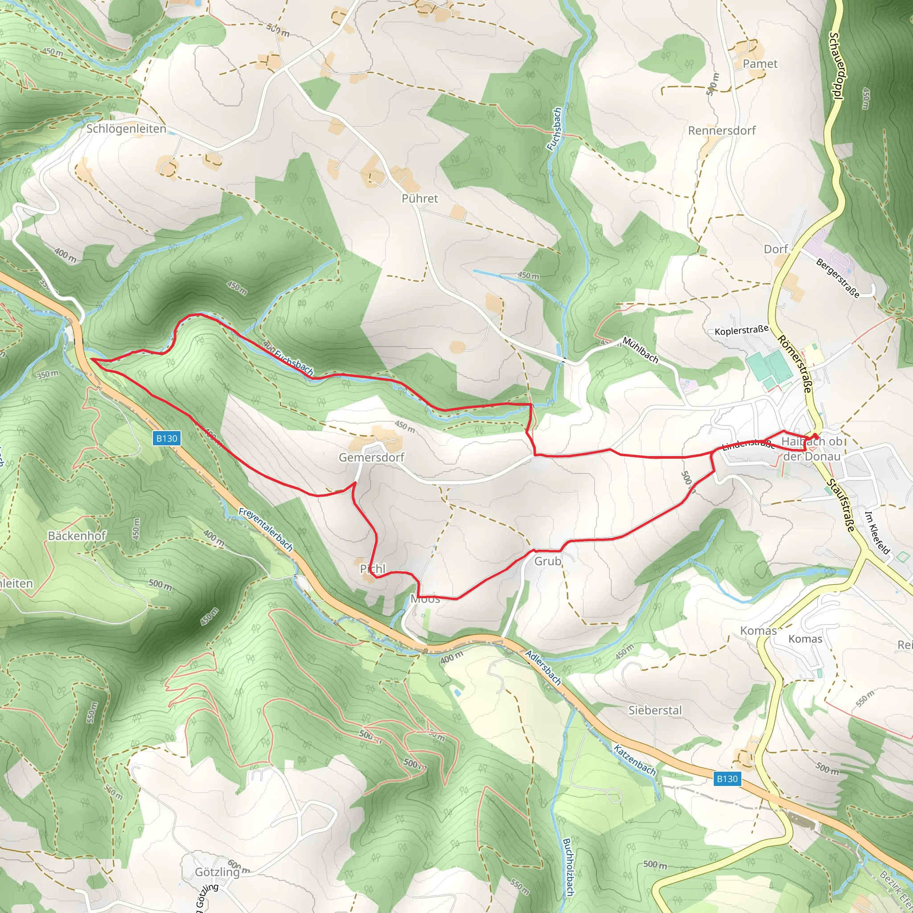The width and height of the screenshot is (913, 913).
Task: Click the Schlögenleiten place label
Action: (126, 128)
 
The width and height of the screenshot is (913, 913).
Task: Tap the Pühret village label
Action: (419, 198)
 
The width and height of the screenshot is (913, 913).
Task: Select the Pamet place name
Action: (760, 64)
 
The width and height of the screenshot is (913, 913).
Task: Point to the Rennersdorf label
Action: (722, 131)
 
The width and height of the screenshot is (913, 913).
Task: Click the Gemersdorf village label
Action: (371, 457)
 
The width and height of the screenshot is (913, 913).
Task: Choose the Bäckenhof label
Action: (77, 535)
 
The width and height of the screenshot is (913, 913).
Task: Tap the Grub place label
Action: (548, 561)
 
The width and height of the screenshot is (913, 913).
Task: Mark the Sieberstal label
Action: (655, 710)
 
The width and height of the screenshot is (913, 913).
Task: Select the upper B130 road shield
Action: (167, 438)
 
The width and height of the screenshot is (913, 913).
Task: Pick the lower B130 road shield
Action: (727, 779)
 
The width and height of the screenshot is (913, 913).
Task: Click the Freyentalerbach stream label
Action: (266, 529)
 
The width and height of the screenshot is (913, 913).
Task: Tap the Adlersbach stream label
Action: (543, 668)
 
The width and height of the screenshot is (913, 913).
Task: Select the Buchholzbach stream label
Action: (568, 867)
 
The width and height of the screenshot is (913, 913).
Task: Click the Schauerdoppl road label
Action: (836, 66)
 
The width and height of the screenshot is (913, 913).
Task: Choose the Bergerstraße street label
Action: (838, 278)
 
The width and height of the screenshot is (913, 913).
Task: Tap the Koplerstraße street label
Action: (741, 330)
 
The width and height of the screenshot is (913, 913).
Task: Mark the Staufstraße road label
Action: (841, 505)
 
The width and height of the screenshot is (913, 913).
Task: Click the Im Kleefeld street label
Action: (877, 532)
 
